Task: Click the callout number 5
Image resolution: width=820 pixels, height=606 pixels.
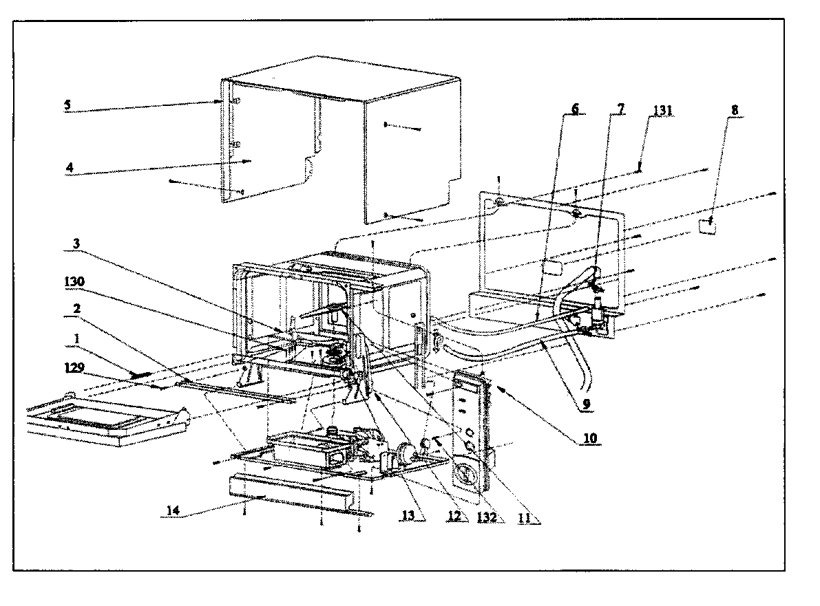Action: click(x=67, y=106)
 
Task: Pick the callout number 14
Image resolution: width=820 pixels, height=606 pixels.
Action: click(x=175, y=510)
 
